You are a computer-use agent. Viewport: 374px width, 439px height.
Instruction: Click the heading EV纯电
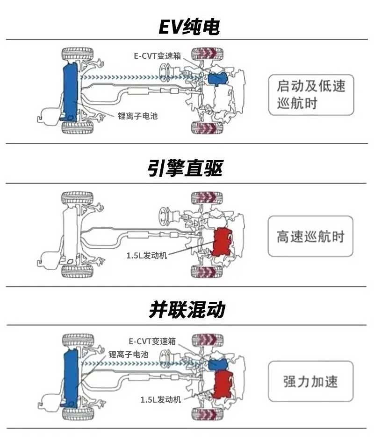tap(188, 28)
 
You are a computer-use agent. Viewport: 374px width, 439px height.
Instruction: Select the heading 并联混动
tap(187, 309)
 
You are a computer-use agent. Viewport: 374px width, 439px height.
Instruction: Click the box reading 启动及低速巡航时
tap(311, 95)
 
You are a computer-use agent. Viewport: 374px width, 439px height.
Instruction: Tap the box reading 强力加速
tap(311, 381)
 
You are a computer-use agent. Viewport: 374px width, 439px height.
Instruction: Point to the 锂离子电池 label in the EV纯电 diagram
tap(138, 115)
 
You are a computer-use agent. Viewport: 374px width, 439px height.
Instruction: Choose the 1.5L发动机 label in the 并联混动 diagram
tap(160, 399)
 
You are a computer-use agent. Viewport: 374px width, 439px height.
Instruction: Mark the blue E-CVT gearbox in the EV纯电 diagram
tap(216, 78)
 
